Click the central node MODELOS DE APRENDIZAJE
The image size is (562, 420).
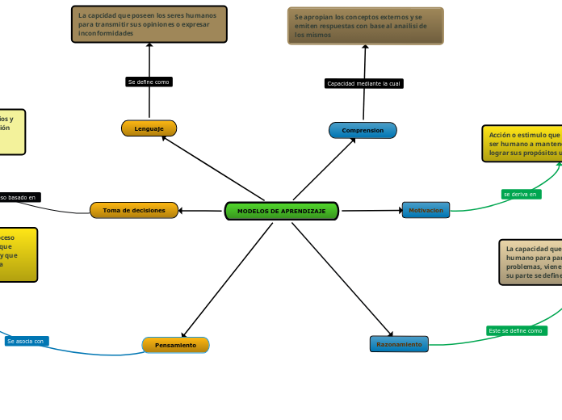282,211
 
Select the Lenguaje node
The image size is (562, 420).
149,128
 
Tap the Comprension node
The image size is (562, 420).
363,130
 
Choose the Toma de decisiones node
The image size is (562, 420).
134,210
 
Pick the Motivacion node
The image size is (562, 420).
426,210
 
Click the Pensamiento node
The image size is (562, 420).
175,345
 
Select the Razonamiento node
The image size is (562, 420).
399,344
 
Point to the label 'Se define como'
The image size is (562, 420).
149,82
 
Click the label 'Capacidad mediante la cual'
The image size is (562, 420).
363,83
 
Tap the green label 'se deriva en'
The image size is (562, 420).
521,194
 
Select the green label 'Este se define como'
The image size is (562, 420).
516,330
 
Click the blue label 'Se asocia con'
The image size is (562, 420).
27,341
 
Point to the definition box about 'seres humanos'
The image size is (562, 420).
149,24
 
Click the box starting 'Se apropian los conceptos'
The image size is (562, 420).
365,26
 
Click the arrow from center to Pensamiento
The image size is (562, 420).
228,279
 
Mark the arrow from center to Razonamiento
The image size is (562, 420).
342,279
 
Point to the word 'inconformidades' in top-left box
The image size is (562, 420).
106,34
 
